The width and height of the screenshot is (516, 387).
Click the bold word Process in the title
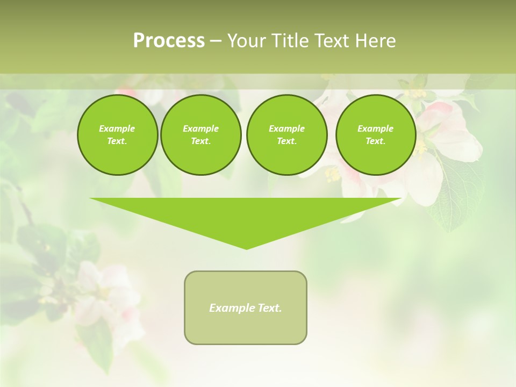169,41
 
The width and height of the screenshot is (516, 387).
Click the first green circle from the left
117,135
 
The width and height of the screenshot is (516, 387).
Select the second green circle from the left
200,135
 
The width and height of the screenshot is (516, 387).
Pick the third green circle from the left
286,135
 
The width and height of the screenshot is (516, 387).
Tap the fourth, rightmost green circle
376,135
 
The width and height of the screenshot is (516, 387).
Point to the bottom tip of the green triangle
246,248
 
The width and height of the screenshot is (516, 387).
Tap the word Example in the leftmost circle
117,128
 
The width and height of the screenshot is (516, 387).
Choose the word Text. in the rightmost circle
376,141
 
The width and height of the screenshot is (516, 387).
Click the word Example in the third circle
286,128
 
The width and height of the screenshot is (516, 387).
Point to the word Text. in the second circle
200,141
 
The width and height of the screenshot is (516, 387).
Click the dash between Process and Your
216,41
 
